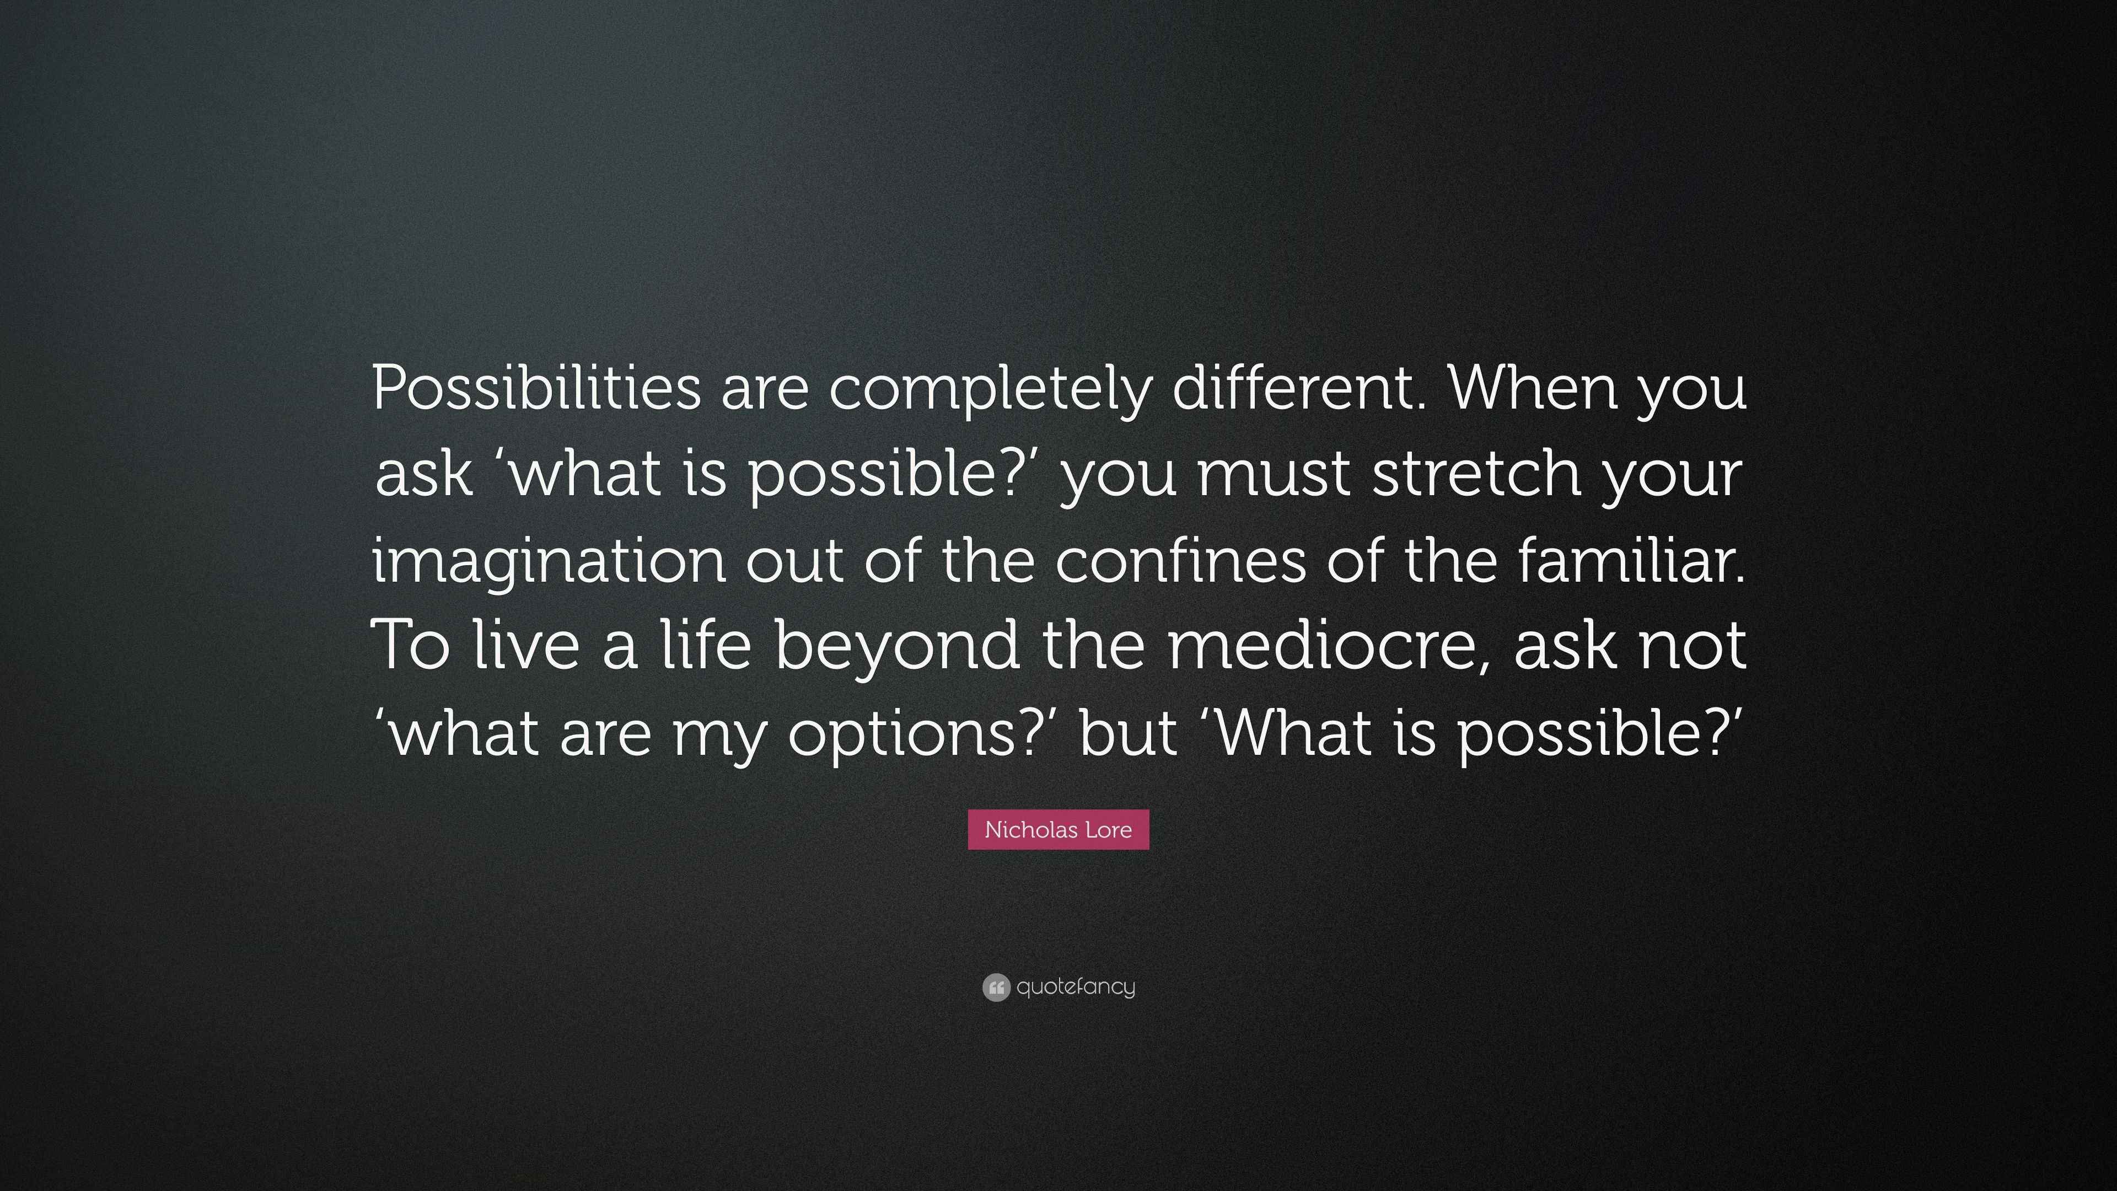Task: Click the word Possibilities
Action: [x=536, y=387]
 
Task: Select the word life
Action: [x=706, y=647]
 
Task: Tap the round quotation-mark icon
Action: [x=996, y=987]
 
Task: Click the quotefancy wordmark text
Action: [x=1076, y=986]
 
